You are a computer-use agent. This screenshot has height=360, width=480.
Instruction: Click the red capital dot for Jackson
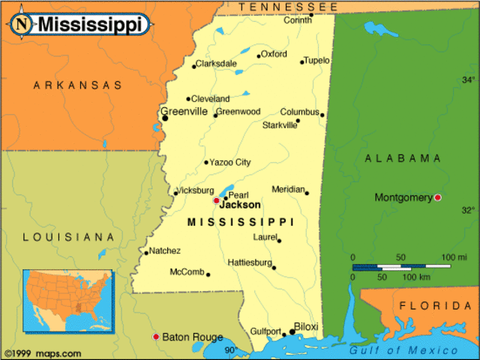click(216, 200)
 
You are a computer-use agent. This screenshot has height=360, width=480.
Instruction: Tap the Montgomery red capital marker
click(438, 197)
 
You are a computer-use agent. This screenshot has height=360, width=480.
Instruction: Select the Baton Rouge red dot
click(156, 337)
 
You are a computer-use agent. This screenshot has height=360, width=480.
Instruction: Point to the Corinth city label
click(298, 20)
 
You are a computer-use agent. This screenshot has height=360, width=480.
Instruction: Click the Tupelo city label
click(316, 60)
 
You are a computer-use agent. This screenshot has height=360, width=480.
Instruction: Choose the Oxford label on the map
click(274, 54)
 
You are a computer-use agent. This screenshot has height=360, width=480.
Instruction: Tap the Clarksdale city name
click(216, 64)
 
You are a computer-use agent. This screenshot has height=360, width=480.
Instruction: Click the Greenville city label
click(184, 112)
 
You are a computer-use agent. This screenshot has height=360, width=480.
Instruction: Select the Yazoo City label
click(230, 162)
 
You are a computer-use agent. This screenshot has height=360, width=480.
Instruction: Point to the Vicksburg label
click(195, 190)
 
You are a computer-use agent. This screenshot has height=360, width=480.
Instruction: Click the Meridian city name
click(288, 189)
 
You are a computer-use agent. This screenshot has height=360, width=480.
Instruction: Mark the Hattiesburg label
click(250, 262)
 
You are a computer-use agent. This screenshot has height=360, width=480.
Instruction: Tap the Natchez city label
click(164, 250)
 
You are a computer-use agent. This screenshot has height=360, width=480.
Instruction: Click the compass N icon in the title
click(23, 22)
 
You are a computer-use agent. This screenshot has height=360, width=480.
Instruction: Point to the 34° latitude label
click(468, 79)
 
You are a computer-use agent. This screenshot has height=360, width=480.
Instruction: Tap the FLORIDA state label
click(435, 306)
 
